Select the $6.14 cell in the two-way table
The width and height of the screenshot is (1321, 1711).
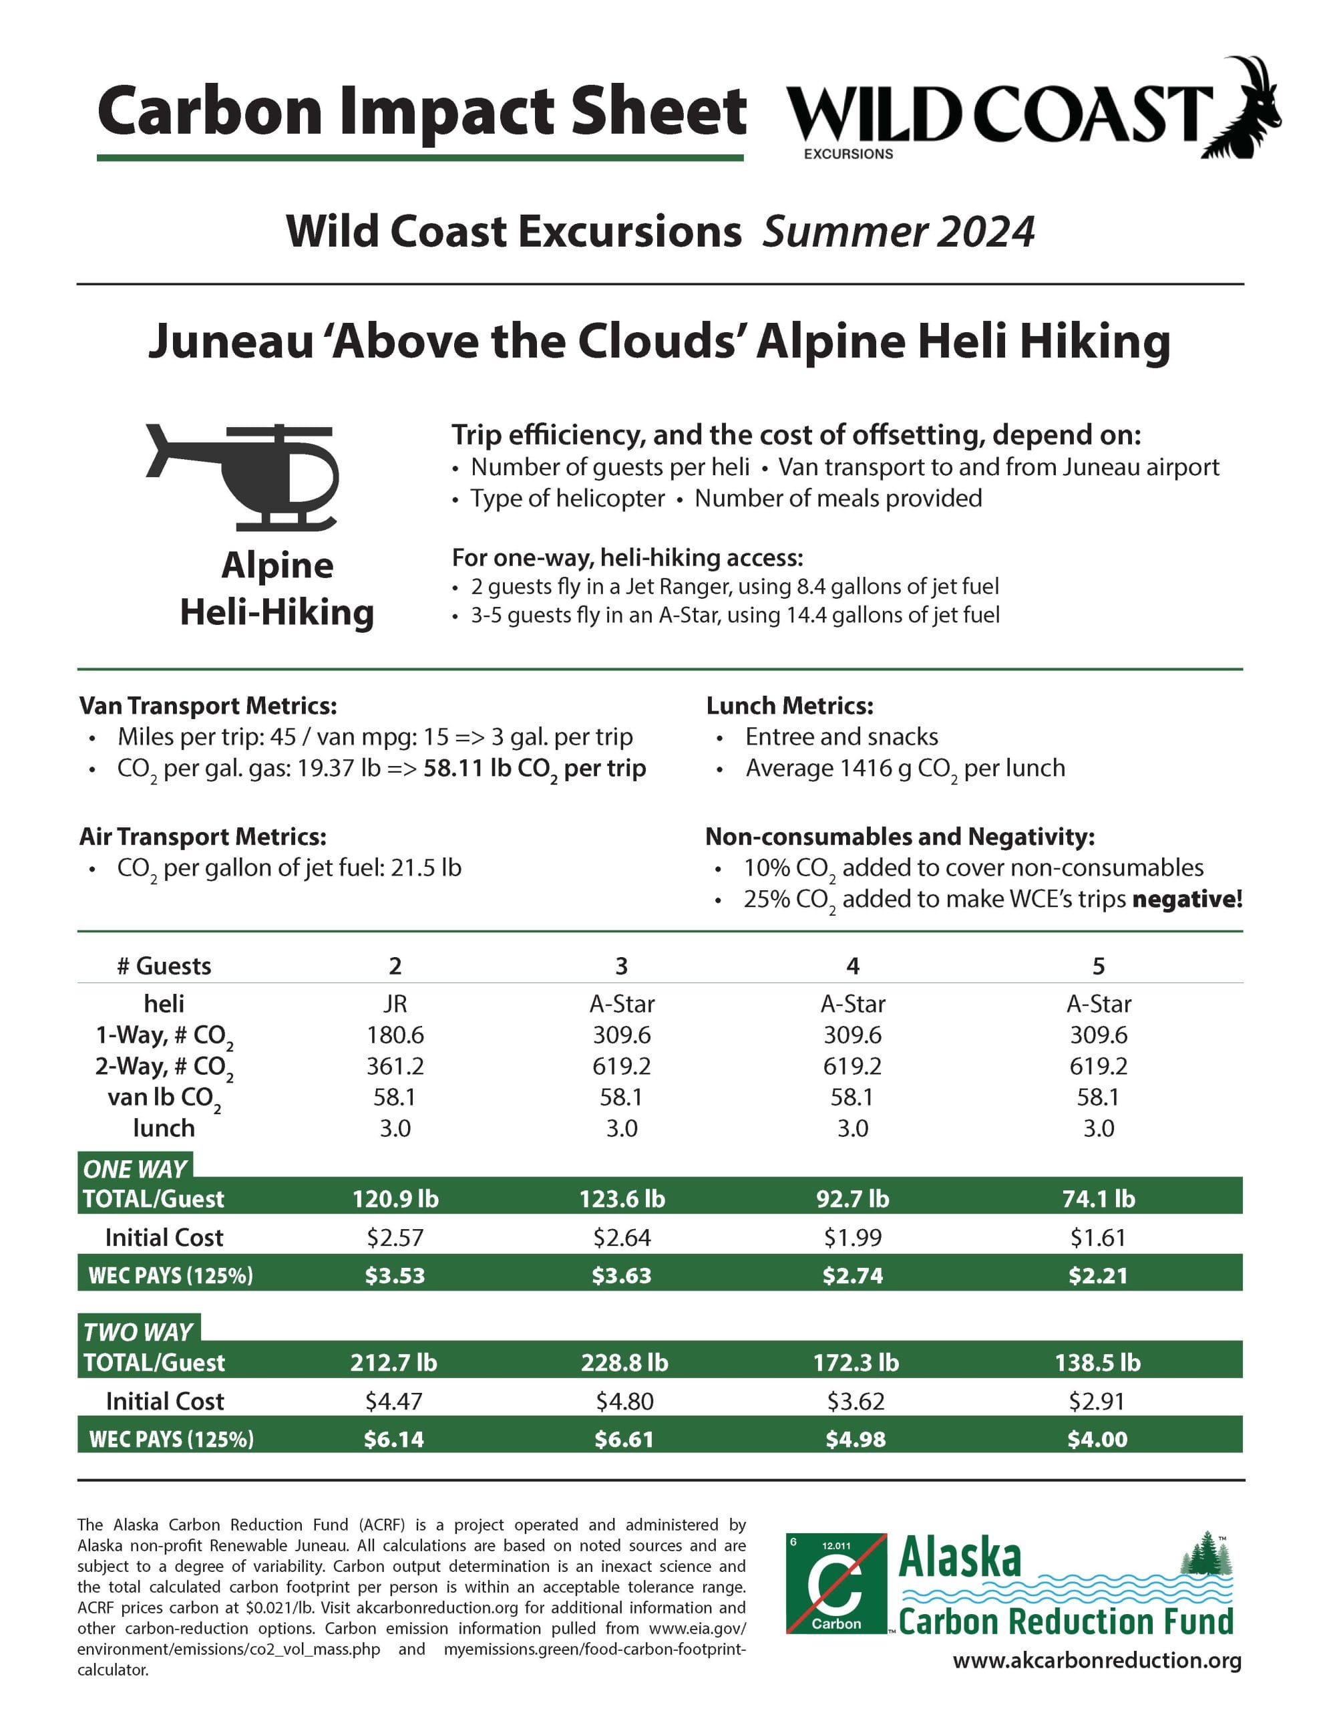pos(394,1439)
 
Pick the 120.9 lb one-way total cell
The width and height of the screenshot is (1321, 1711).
pos(395,1198)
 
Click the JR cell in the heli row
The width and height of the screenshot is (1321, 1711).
pos(395,1004)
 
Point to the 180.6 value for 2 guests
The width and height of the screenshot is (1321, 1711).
pos(395,1035)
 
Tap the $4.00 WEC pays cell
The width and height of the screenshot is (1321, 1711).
pos(1097,1439)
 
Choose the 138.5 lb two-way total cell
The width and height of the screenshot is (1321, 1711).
pos(1097,1362)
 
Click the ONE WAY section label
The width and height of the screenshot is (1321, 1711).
pos(135,1169)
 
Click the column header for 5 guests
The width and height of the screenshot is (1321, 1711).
pos(1098,966)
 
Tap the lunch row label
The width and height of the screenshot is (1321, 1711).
pos(164,1128)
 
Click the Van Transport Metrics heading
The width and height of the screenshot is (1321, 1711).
pos(208,706)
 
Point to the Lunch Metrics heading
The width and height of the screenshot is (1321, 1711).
pos(789,706)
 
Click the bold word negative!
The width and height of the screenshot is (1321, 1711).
pos(1187,900)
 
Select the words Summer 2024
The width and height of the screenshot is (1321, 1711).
pos(898,232)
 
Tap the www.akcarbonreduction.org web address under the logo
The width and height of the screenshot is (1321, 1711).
pos(1096,1661)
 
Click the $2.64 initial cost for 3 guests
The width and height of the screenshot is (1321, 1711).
pos(622,1237)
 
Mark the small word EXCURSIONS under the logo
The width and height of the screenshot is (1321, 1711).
pos(848,154)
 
